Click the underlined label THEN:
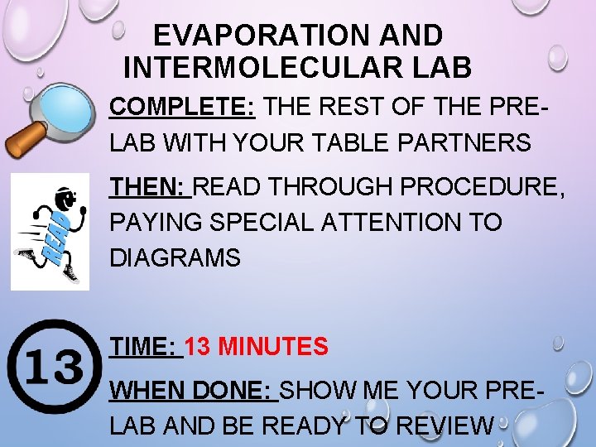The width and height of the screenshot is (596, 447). [148, 187]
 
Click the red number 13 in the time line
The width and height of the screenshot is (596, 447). [201, 347]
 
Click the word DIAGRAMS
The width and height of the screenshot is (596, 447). [175, 258]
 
